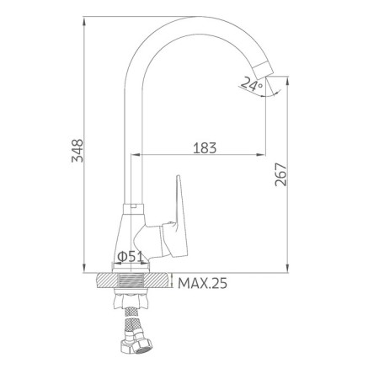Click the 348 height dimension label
point(77,151)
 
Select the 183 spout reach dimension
point(205,148)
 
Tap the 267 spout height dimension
point(281,174)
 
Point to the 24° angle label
point(252,83)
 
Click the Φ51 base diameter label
point(130,256)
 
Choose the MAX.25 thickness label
point(202,283)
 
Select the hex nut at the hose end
point(137,344)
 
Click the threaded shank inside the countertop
point(131,280)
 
